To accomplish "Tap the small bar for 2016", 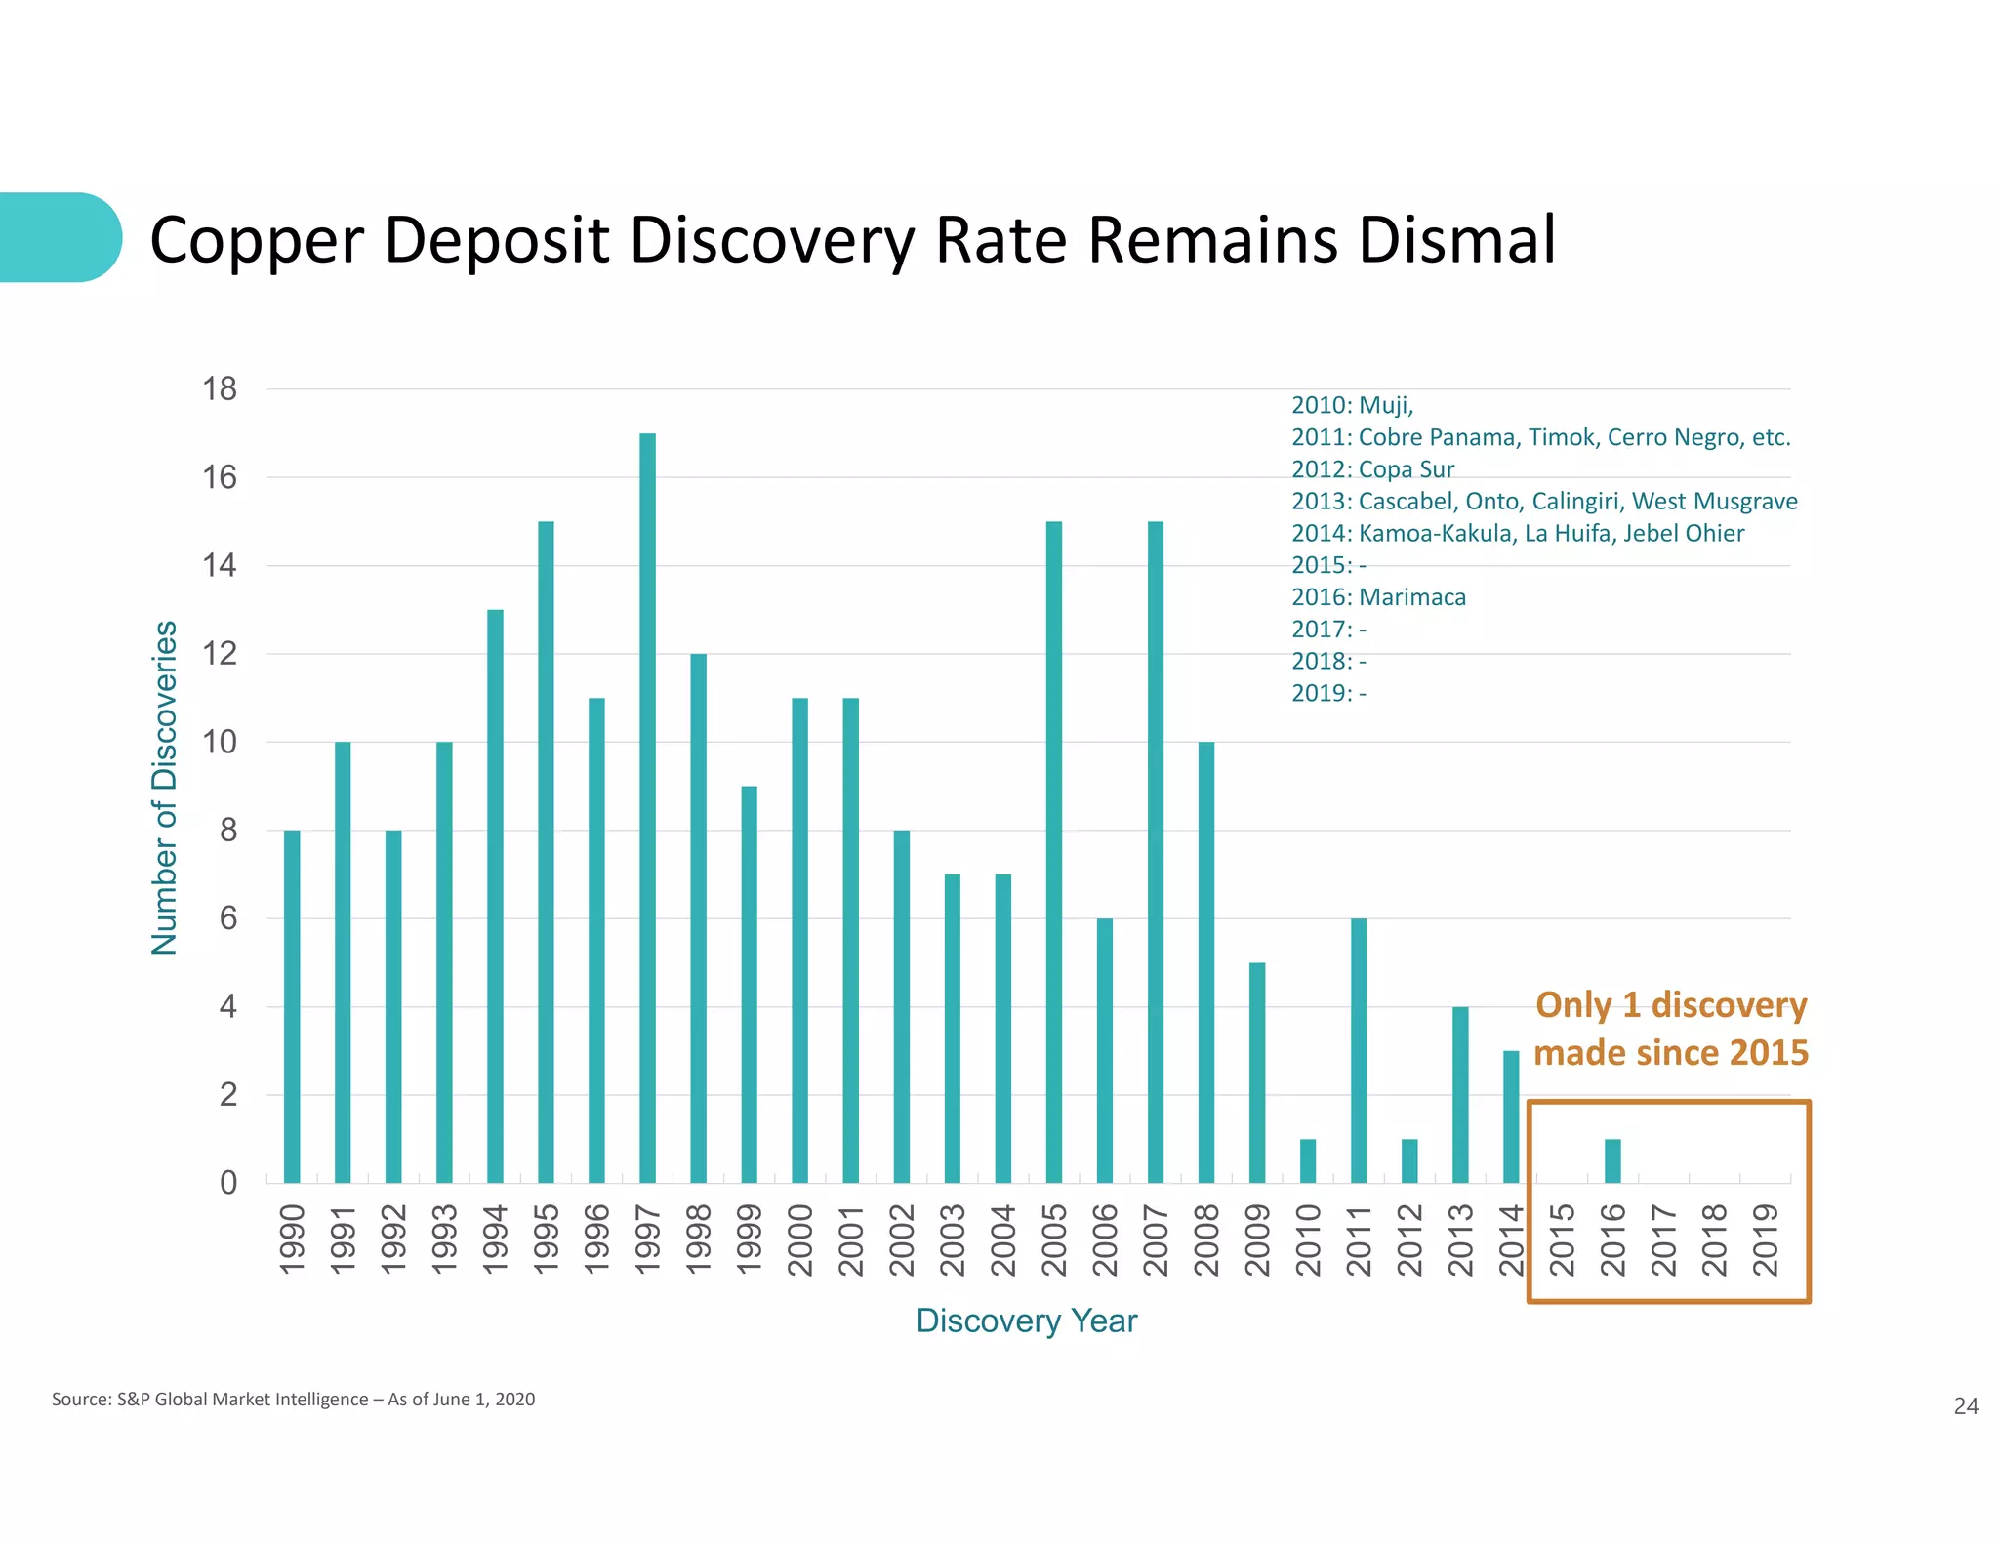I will (1611, 1160).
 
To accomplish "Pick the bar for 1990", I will (292, 1006).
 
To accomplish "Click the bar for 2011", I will (1358, 1050).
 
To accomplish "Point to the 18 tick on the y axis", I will (220, 389).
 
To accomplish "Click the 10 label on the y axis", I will (220, 742).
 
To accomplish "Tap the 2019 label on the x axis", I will (1765, 1239).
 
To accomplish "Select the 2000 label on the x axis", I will (799, 1239).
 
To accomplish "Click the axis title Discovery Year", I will (1026, 1321).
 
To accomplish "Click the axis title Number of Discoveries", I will (164, 787).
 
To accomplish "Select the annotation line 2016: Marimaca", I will (1377, 597).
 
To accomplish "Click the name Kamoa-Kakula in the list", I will (1435, 533).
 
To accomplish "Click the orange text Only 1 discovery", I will (1670, 1005).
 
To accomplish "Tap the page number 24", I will (1965, 1405).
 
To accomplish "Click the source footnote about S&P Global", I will (293, 1399).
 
